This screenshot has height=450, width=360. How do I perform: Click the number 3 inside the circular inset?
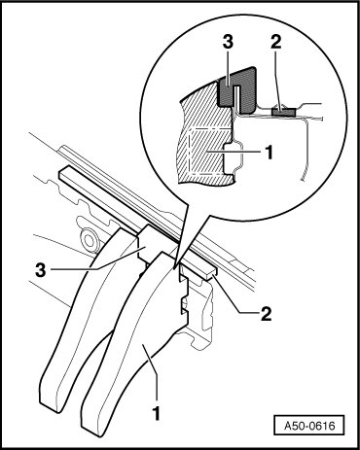coord(228,43)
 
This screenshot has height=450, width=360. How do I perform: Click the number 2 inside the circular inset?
coord(275,43)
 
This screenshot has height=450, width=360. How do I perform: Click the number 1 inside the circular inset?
coord(269,152)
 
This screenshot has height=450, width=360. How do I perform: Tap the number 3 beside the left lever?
coord(41,270)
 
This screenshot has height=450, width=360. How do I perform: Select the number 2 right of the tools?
coord(266,314)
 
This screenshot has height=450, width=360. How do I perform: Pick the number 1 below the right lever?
coord(157,413)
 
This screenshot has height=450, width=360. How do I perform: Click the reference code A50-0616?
coord(309,425)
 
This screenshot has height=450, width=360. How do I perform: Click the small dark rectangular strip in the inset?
coord(283,112)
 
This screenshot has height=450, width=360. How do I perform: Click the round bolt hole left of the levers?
coord(89,240)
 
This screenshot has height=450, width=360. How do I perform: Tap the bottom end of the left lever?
coord(52,401)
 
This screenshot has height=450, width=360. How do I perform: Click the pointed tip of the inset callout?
coord(175,269)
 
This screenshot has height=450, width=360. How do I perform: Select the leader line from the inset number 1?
coord(244,152)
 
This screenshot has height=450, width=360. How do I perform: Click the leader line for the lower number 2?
coord(232,294)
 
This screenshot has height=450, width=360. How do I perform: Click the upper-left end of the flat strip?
coord(62,173)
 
